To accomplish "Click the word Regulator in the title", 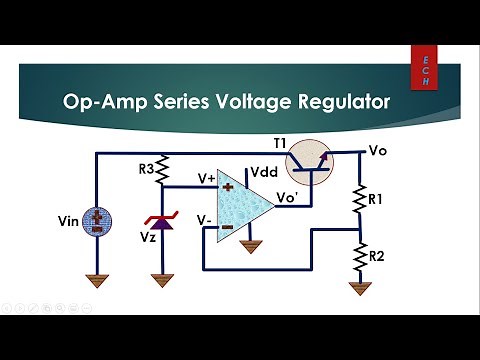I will coord(337,101).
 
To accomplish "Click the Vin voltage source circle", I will coord(96,222).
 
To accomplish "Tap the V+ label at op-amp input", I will coord(205,178).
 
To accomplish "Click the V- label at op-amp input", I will coord(203,218).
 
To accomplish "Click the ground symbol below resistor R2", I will coord(359,288).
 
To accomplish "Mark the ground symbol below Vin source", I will coord(96,282).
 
